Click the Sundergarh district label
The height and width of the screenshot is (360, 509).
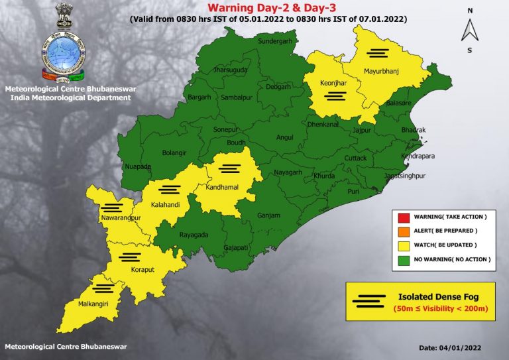[x=256, y=41]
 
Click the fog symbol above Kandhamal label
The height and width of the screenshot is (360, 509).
[x=231, y=168]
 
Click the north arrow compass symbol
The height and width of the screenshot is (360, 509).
[x=469, y=30]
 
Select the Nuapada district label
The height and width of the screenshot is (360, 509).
[x=138, y=166]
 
